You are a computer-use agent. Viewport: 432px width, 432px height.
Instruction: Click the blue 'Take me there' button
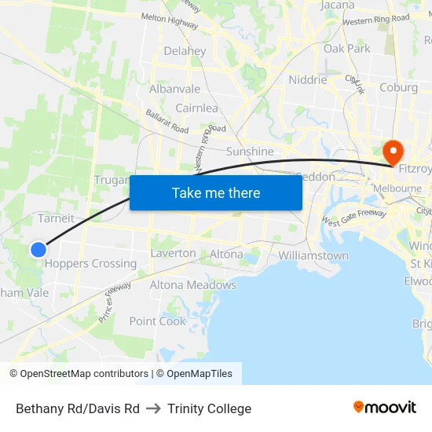click(216, 192)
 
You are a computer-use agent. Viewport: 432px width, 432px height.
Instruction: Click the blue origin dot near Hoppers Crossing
click(38, 249)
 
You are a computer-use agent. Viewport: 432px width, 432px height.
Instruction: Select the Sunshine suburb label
click(250, 152)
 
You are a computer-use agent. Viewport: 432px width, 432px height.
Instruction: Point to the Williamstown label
click(313, 255)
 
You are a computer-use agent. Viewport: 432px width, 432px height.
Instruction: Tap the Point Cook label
click(158, 321)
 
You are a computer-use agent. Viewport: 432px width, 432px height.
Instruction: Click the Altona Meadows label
click(192, 285)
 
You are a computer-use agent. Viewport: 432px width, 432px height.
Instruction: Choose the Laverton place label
click(173, 254)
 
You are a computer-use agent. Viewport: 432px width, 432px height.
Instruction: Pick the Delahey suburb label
click(185, 51)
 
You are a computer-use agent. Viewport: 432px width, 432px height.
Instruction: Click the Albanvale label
click(175, 89)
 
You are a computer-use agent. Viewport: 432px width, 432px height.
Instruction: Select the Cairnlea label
click(196, 108)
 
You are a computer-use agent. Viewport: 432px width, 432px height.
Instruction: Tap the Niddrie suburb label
click(307, 79)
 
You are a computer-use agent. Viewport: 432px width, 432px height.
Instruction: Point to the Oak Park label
click(346, 49)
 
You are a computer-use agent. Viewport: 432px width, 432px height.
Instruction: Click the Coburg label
click(398, 87)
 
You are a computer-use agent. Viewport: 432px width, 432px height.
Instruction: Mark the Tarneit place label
click(56, 218)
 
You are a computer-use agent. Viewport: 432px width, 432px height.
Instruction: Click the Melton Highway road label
click(169, 21)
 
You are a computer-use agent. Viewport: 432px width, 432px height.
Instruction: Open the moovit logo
click(384, 407)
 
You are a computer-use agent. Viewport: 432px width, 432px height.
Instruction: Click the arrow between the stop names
click(153, 408)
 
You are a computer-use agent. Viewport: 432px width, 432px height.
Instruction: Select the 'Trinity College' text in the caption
click(209, 408)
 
